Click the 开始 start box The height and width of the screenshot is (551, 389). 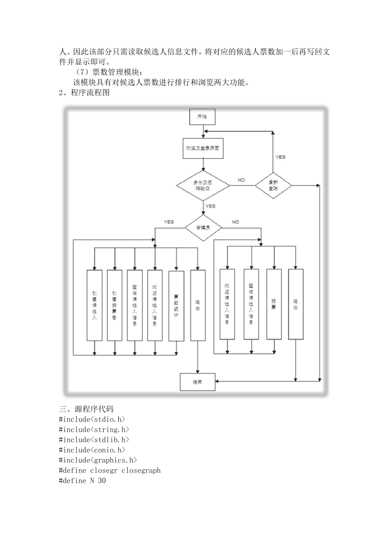coord(202,117)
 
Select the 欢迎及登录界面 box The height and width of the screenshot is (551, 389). coord(203,148)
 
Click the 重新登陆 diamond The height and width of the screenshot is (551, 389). coord(273,185)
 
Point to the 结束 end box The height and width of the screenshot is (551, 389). coord(198,382)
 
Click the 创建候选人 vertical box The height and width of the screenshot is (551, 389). coord(95,305)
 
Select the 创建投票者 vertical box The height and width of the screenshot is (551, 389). coord(115,305)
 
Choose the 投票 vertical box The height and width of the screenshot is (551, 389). coord(274,304)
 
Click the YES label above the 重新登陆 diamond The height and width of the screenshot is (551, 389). coord(280,157)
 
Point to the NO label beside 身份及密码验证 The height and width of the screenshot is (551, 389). coord(241,180)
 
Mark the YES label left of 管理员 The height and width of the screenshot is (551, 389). coord(169,222)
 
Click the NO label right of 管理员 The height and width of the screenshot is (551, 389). coord(235,222)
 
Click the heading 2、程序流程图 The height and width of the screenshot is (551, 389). coord(85,93)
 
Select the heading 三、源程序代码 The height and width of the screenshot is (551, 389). coord(86,409)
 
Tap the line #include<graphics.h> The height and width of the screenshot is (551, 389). coord(98,460)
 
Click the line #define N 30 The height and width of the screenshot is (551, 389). coord(82,480)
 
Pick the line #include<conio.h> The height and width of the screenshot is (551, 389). coord(92,450)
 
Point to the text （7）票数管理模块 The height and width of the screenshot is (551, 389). coord(108,73)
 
